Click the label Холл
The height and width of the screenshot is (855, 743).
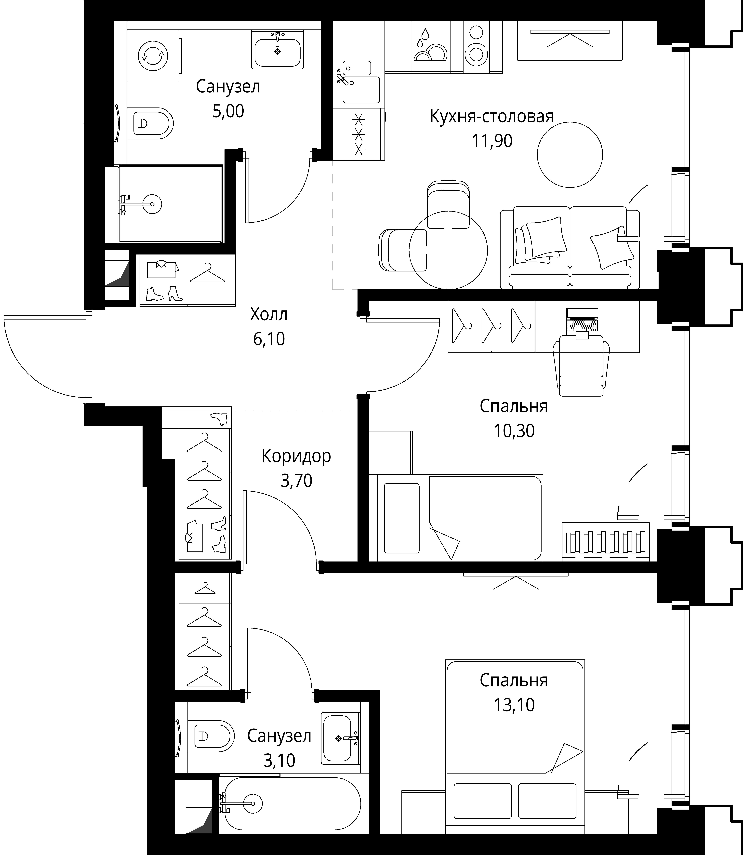point(269,314)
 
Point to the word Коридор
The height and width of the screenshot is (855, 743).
point(296,456)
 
